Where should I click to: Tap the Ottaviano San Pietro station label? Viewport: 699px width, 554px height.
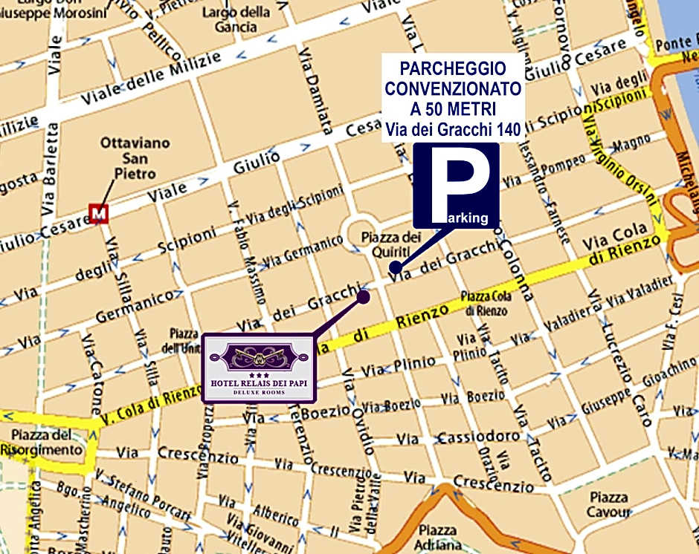click(135, 158)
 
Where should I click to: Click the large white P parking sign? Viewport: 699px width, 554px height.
click(456, 186)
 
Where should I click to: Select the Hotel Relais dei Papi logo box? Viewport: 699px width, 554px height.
click(260, 368)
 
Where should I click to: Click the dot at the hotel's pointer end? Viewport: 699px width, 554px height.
click(363, 296)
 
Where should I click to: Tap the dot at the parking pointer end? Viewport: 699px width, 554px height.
click(396, 267)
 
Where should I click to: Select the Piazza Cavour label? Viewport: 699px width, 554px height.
click(608, 505)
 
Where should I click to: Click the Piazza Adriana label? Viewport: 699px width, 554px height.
click(437, 537)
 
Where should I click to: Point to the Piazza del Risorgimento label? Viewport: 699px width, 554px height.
click(41, 442)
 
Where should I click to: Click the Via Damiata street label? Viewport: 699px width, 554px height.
click(315, 102)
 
